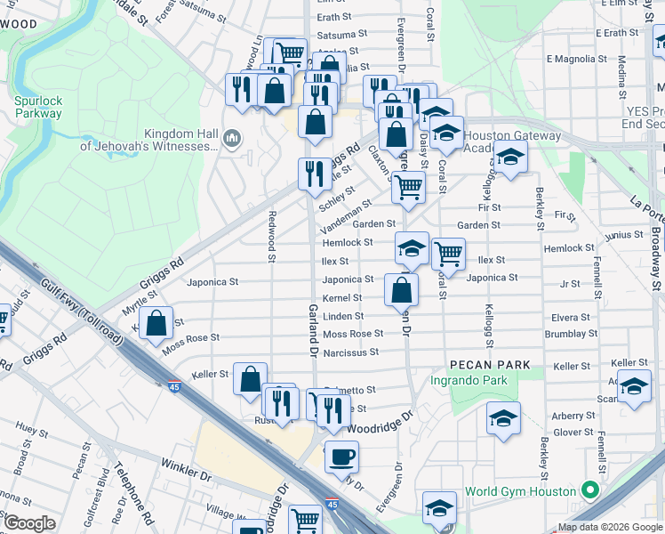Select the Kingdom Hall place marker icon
pyautogui.click(x=232, y=137)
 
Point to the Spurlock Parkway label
pyautogui.click(x=38, y=107)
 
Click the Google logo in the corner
pyautogui.click(x=29, y=522)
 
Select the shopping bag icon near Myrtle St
pyautogui.click(x=156, y=325)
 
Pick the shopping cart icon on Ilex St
pyautogui.click(x=448, y=254)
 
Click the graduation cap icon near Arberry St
pyautogui.click(x=503, y=419)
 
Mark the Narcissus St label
pyautogui.click(x=350, y=352)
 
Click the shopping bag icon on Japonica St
pyautogui.click(x=401, y=289)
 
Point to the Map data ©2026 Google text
pyautogui.click(x=610, y=527)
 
